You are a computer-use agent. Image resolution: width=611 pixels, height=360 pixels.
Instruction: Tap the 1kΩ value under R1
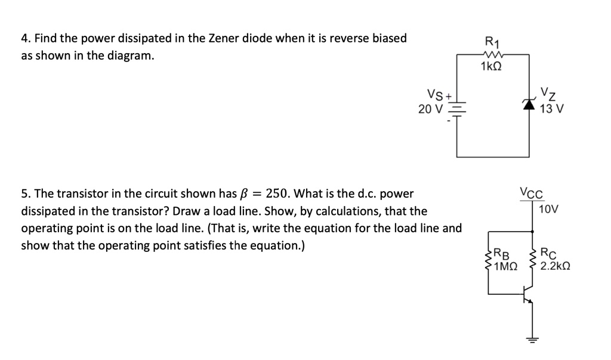click(491, 66)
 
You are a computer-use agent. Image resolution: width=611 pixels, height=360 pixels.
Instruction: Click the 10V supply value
click(548, 210)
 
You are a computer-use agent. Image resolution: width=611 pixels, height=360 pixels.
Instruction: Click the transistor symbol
click(527, 294)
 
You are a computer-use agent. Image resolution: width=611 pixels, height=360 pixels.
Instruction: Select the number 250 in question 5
click(277, 193)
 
